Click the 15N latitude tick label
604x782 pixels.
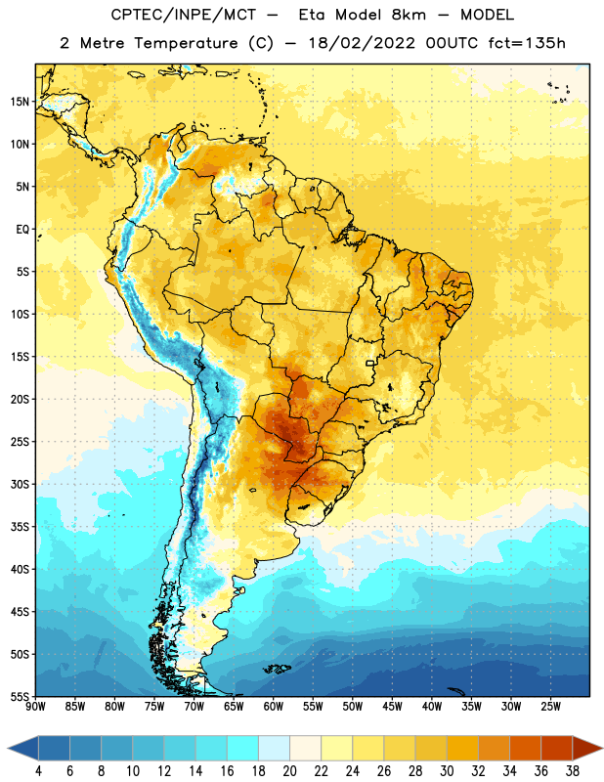tap(20, 102)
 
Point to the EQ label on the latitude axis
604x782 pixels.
tap(22, 230)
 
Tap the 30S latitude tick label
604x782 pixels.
tap(20, 484)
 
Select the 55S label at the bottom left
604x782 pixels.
tap(20, 697)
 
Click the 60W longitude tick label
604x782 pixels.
tap(274, 706)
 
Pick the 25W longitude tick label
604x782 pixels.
tap(550, 706)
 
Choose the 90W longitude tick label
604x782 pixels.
tap(35, 706)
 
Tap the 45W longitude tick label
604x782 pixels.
tap(392, 706)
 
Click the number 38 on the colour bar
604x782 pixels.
tap(573, 771)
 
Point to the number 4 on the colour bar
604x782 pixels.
tap(38, 771)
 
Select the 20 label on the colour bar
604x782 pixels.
tap(289, 771)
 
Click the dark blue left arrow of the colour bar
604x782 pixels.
tap(22, 748)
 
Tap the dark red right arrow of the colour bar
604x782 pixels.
tap(587, 748)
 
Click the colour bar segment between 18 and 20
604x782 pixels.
tap(274, 748)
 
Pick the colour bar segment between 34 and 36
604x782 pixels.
tap(525, 748)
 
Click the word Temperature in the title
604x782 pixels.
tap(186, 43)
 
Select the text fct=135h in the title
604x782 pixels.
tap(527, 43)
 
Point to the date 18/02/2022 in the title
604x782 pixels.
tap(362, 43)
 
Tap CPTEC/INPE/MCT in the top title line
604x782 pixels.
tap(184, 15)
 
